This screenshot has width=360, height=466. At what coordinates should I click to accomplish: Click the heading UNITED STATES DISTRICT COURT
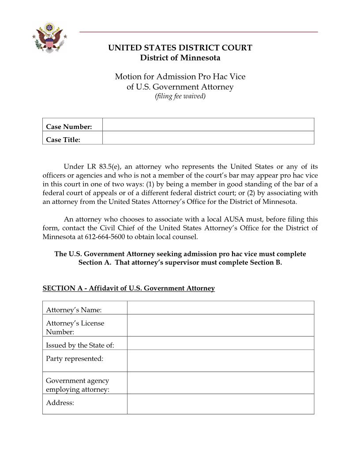coord(180,48)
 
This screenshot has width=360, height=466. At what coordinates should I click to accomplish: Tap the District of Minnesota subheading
coord(180,58)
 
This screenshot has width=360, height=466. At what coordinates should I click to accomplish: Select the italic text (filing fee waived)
coord(180,96)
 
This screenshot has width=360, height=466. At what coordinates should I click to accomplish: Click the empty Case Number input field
coord(208,125)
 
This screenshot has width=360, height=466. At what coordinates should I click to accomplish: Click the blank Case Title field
coord(208,138)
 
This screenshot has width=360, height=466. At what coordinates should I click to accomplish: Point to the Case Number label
coord(69,127)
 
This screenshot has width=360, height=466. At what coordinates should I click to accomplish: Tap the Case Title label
coord(63,140)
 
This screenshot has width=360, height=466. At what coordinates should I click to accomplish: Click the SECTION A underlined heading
coord(128,289)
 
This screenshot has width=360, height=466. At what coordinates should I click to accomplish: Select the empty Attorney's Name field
coord(221,308)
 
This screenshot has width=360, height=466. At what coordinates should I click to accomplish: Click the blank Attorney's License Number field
coord(221,325)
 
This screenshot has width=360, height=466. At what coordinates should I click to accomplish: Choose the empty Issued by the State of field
coord(221,343)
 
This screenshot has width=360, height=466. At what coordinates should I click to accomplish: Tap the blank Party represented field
coord(221,361)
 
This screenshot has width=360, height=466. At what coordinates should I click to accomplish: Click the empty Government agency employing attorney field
coord(221,383)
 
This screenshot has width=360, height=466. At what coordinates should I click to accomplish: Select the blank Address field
coord(221,404)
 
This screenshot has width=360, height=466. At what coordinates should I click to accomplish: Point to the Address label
coord(60,403)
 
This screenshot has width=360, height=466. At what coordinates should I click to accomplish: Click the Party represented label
coord(75,359)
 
